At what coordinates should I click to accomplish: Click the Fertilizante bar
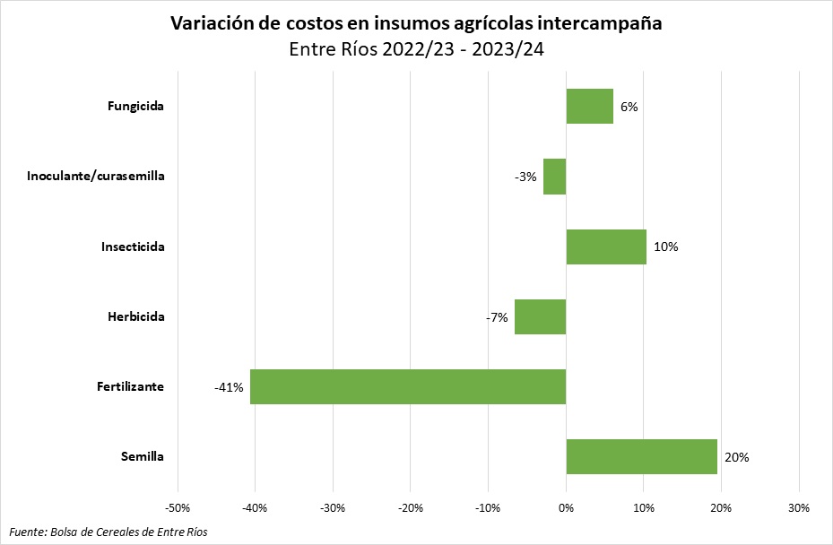408,386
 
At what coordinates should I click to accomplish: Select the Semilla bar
641,456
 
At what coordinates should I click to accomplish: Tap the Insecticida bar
605,247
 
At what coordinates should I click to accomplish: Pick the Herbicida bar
540,316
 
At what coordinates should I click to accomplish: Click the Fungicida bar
589,106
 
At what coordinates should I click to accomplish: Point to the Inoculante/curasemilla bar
554,177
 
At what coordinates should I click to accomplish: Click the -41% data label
229,387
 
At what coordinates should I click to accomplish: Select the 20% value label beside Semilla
736,457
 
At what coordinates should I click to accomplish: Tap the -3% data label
525,177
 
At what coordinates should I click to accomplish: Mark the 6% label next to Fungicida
629,107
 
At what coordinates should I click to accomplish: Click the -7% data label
497,317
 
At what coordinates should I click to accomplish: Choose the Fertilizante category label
130,387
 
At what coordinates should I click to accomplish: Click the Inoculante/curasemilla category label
95,177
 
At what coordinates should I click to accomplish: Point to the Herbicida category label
135,317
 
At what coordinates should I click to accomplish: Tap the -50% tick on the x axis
178,508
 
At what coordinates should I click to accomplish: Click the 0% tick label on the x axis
566,508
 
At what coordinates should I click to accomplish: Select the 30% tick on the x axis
798,508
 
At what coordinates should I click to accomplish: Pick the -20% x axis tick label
411,508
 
